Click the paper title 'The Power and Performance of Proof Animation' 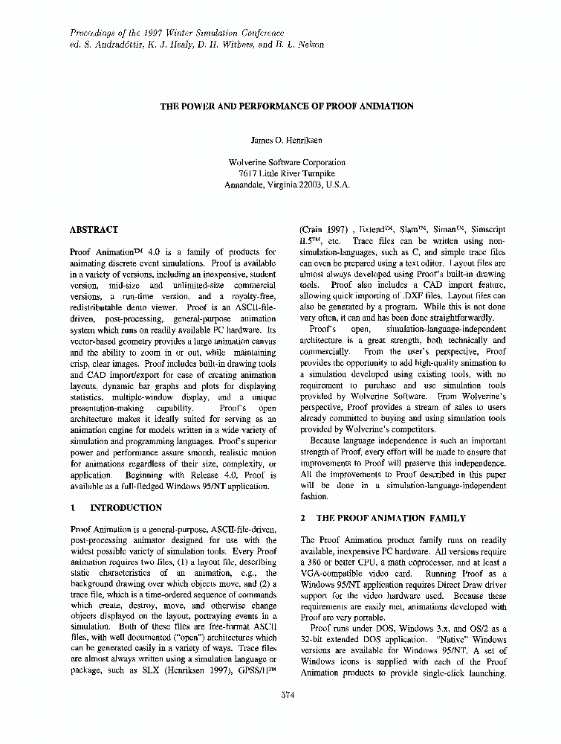(287, 106)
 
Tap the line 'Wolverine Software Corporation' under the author (287, 163)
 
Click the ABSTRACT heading (93, 231)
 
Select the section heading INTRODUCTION (126, 508)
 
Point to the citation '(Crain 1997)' (323, 231)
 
